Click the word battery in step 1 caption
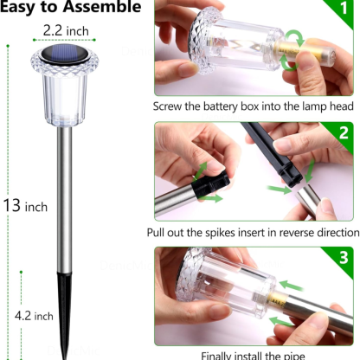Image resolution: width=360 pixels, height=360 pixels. pyautogui.click(x=225, y=108)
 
